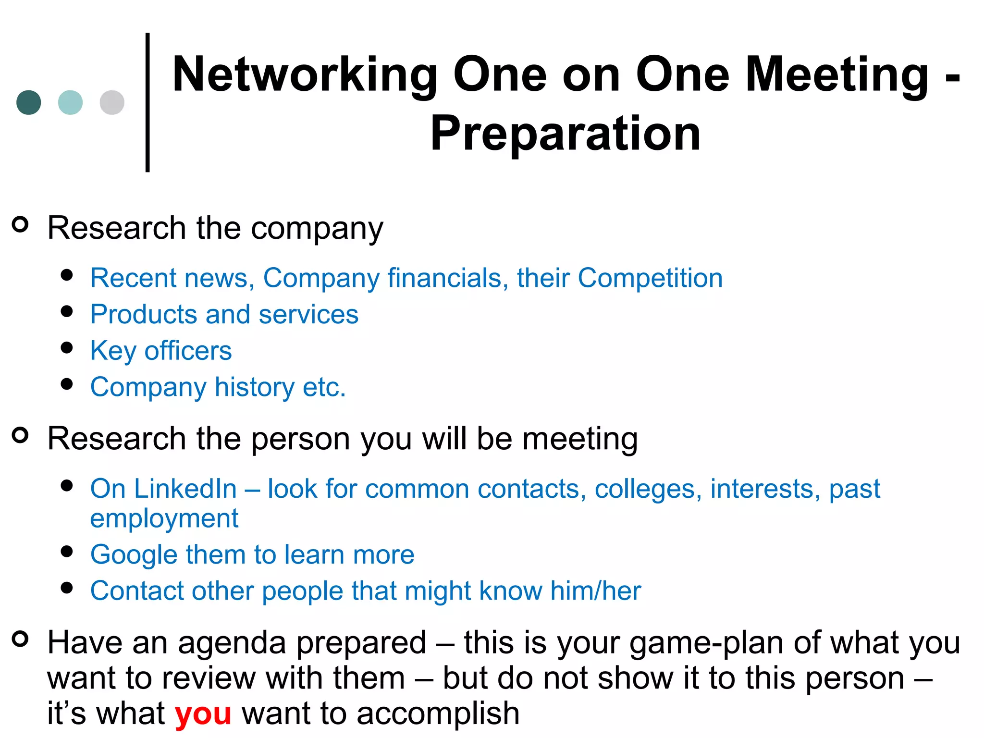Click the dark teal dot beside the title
29,102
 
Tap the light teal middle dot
70,102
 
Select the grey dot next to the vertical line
112,102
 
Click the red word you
203,713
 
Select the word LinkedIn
185,489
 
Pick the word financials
444,278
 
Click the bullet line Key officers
161,351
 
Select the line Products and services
224,314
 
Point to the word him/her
595,590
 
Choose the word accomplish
438,713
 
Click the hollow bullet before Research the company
20,224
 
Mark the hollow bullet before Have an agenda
20,639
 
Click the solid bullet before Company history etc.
67,384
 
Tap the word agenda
231,643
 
